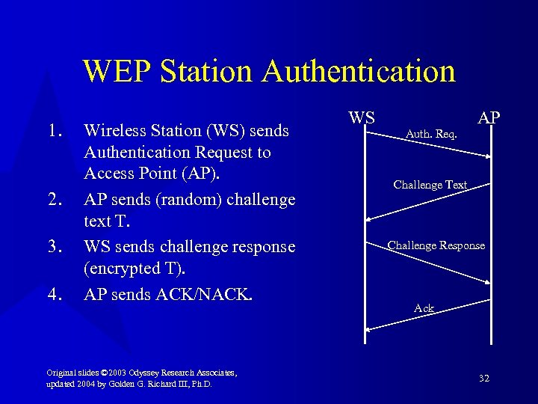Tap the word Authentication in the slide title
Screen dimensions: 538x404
[x=359, y=71]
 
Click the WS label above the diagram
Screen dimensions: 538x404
[x=362, y=117]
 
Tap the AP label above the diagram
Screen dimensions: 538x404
[x=489, y=118]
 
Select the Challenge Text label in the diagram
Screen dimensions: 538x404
[x=430, y=185]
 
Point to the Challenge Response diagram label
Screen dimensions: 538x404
[x=436, y=245]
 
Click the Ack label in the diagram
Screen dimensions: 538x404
[x=424, y=308]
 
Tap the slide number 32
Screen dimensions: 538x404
[x=484, y=379]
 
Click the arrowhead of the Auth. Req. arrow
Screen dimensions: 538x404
[x=489, y=156]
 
